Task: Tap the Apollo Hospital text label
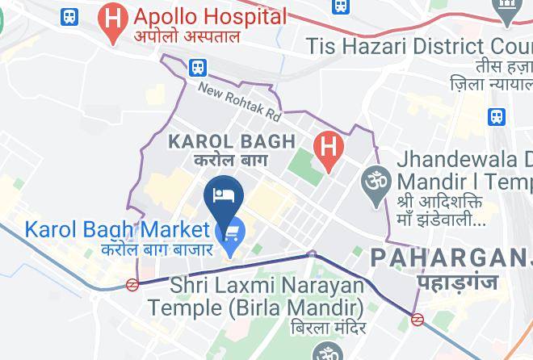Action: tap(211, 15)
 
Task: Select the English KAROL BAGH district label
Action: tap(231, 142)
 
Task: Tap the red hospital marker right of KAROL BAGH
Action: tap(329, 149)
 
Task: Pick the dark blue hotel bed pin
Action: tap(223, 195)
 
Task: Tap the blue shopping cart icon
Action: tap(233, 233)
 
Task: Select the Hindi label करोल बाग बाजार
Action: tap(157, 249)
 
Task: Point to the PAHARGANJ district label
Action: tap(451, 258)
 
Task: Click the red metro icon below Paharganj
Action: tap(418, 320)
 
